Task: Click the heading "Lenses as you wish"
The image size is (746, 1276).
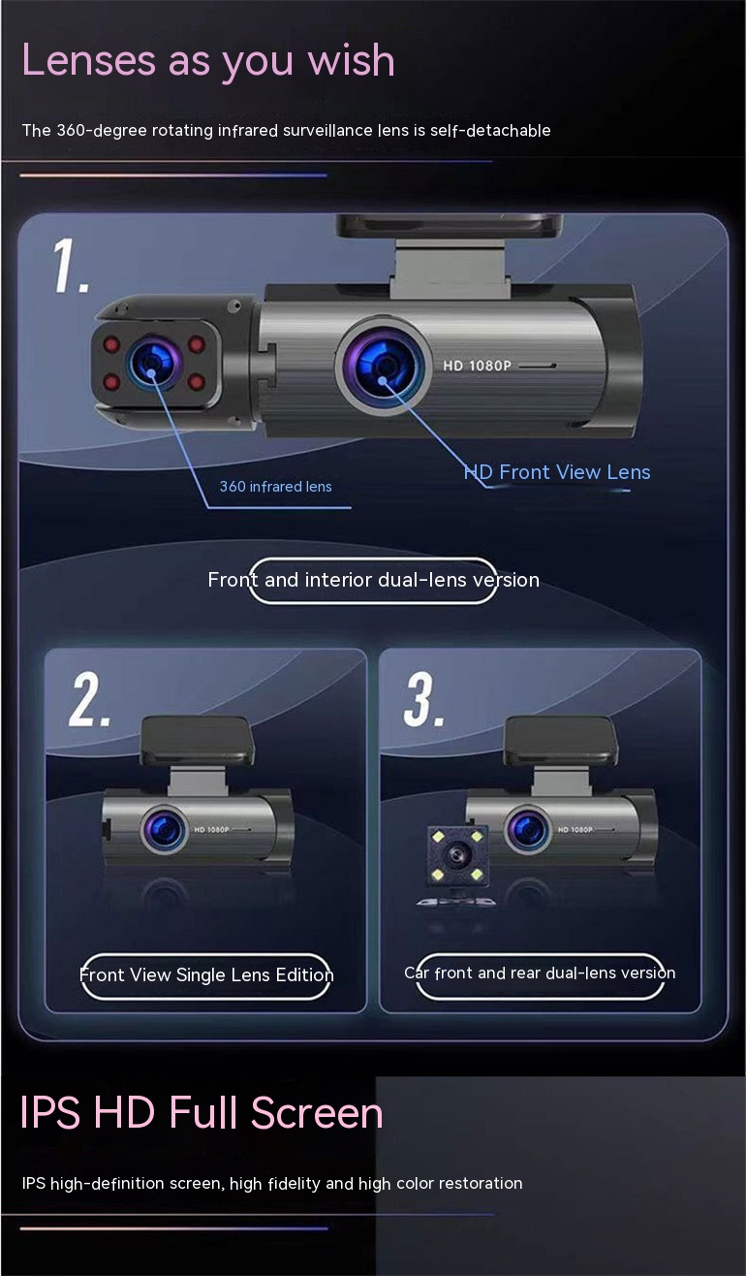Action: click(207, 61)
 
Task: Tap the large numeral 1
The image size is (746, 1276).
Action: click(70, 266)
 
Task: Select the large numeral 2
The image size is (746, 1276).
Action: click(88, 700)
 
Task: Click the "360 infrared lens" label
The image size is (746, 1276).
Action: click(275, 487)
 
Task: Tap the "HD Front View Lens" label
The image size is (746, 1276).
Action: click(557, 472)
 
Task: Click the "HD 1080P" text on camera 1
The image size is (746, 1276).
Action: click(478, 366)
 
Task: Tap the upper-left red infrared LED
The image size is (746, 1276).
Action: click(111, 344)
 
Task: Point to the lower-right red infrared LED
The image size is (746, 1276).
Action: click(197, 382)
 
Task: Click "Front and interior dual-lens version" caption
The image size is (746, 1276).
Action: click(373, 580)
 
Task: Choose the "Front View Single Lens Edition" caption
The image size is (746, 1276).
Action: click(206, 975)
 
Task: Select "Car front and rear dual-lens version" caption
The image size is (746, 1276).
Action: click(540, 973)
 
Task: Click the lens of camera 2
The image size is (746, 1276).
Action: click(165, 829)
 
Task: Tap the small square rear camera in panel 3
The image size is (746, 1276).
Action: click(457, 854)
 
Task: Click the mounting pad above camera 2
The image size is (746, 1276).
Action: click(197, 741)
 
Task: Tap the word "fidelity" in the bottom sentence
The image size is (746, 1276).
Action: click(295, 1184)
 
